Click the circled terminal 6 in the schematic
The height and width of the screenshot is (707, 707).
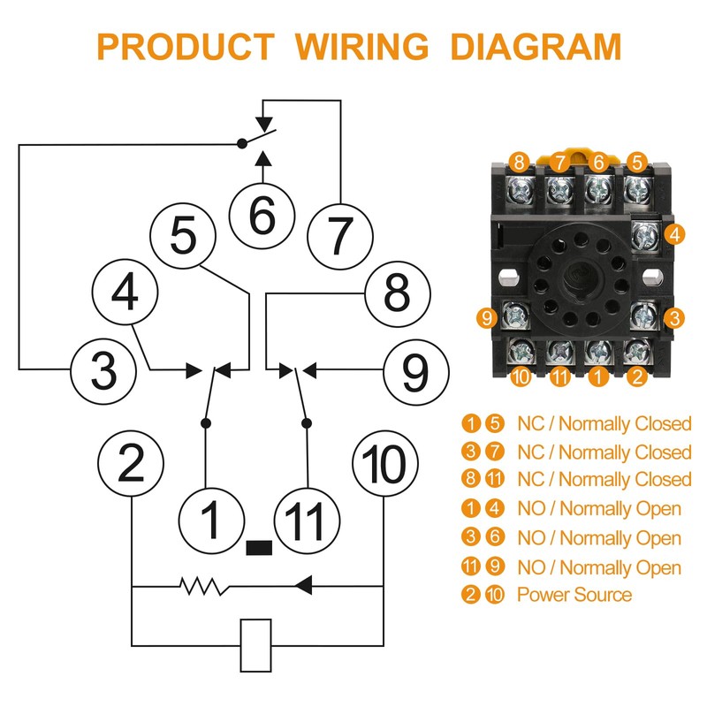[262, 216]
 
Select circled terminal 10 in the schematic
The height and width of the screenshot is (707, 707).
[384, 463]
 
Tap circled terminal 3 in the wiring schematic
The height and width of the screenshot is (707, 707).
[104, 369]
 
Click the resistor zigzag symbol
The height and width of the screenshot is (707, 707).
[202, 585]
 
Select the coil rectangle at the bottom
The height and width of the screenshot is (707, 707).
[256, 644]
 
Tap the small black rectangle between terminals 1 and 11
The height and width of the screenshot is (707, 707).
[258, 547]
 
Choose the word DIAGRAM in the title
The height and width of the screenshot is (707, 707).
[536, 45]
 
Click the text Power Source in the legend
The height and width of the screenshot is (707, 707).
[574, 595]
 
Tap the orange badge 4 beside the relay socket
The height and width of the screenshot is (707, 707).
[674, 235]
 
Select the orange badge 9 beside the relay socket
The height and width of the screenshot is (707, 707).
[486, 316]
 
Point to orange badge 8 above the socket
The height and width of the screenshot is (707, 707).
[519, 162]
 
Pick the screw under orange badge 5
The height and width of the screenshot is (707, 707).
[635, 188]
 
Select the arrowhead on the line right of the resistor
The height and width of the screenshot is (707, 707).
[303, 585]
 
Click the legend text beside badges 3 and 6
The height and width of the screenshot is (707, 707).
[599, 538]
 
